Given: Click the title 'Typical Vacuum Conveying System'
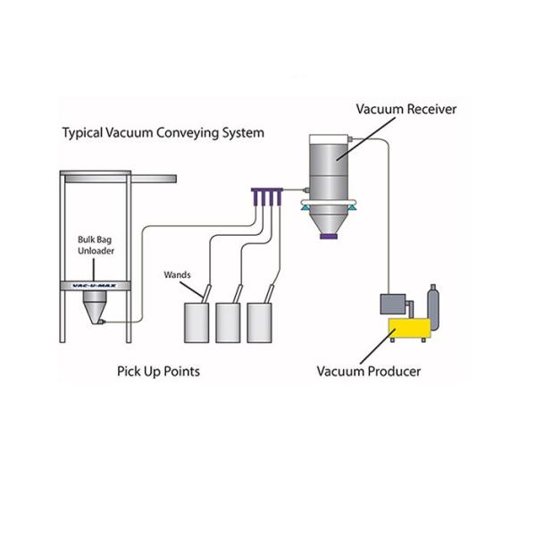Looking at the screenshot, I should [163, 133].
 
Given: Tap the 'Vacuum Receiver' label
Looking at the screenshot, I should [406, 109].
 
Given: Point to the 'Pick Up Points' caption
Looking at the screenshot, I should [158, 371].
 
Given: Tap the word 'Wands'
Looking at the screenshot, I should [177, 274].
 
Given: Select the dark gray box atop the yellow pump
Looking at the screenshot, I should [393, 305].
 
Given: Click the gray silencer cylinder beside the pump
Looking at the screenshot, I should [434, 306].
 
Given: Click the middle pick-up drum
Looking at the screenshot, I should [230, 324].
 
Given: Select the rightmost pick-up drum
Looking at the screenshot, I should [261, 324].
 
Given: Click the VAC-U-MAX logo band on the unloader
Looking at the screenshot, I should [94, 286].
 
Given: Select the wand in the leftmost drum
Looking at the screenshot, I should [205, 293].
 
